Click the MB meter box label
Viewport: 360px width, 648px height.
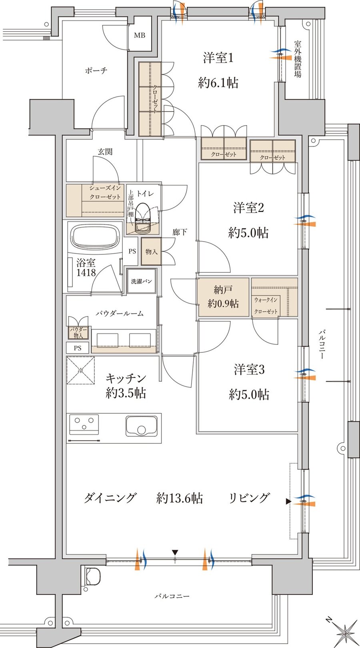[140, 36]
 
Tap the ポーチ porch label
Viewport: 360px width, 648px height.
[96, 71]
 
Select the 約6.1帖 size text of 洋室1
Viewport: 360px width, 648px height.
[218, 83]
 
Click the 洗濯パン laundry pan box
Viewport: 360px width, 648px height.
[142, 281]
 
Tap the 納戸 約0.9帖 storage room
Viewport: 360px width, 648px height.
[223, 296]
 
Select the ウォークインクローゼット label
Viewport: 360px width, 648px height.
[266, 306]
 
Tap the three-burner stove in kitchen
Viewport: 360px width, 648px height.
[84, 424]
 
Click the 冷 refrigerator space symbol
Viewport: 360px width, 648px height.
[81, 370]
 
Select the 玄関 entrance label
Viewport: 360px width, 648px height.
[105, 152]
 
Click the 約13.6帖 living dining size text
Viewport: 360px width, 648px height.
[180, 498]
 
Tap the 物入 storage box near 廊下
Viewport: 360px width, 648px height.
[151, 252]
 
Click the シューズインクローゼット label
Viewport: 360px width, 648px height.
[105, 192]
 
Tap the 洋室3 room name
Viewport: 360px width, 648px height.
[249, 370]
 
